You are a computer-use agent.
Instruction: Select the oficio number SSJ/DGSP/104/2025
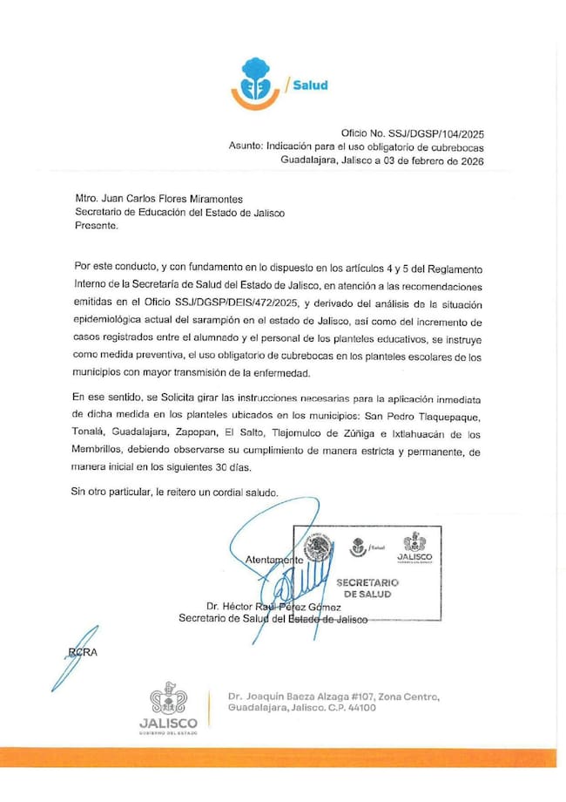coord(428,133)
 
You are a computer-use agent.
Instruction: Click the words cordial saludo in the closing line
coord(243,493)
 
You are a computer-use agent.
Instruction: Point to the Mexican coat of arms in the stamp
coord(319,549)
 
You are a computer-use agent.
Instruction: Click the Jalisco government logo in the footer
coord(167,707)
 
